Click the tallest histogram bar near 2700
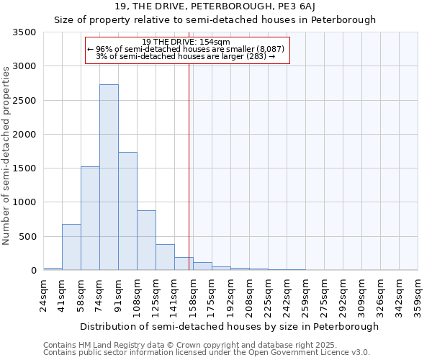pos(109,177)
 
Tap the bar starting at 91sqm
pos(127,211)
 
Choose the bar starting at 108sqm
pos(146,240)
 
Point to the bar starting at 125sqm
pos(165,257)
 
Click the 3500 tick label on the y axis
pos(25,33)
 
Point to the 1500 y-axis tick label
pos(25,168)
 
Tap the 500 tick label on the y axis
pos(28,237)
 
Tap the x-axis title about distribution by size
pos(229,327)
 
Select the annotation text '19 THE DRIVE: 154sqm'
pos(186,42)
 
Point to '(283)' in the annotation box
pos(257,56)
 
